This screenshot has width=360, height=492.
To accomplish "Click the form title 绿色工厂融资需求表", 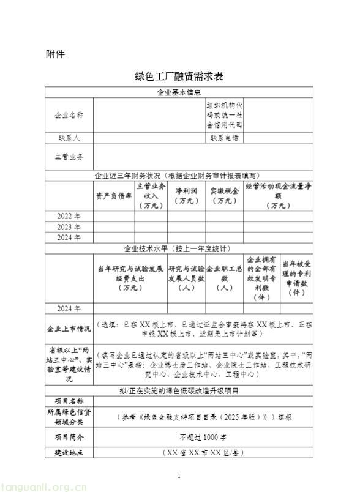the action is click(x=179, y=77).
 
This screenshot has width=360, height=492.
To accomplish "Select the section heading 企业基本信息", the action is click(x=179, y=92).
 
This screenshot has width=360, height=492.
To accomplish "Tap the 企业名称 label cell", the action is click(x=69, y=115).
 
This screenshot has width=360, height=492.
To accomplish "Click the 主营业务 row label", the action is click(x=69, y=157).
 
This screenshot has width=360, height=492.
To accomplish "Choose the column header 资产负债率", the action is click(x=113, y=196).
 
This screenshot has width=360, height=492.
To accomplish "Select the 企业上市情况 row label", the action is click(x=69, y=329).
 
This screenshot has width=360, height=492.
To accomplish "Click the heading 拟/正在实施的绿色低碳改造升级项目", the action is click(x=179, y=390).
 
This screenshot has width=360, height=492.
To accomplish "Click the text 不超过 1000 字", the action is click(x=204, y=438).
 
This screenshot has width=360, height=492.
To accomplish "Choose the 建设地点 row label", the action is click(x=69, y=453).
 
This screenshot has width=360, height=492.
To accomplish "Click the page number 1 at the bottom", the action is click(x=179, y=475).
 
